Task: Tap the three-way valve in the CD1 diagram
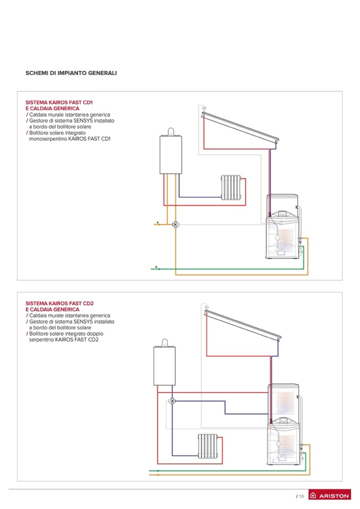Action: [x=175, y=225]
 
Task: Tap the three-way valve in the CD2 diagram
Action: [x=173, y=401]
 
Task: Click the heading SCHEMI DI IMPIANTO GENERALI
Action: [x=71, y=72]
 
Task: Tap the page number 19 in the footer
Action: [x=301, y=496]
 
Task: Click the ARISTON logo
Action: [x=330, y=496]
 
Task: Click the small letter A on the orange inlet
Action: [x=158, y=221]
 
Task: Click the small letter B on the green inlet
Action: [x=156, y=266]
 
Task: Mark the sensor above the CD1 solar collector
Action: [x=204, y=109]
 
